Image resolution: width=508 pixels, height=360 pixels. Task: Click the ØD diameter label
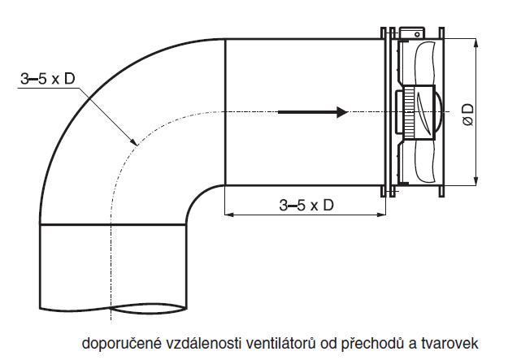click(468, 115)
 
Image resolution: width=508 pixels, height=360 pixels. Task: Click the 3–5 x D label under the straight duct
click(306, 205)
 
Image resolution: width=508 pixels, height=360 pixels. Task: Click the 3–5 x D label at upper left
click(48, 79)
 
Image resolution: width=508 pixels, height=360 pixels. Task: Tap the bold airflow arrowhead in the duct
click(342, 112)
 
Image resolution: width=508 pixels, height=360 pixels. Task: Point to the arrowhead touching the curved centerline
click(133, 141)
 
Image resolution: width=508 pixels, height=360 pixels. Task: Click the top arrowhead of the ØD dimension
click(475, 43)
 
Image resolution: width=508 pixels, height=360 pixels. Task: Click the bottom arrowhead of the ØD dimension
click(475, 181)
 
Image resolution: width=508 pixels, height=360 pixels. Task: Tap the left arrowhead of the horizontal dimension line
click(228, 214)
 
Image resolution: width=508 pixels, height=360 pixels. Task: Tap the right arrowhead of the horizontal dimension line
click(381, 214)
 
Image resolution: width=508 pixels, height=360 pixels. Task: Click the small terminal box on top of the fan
click(412, 33)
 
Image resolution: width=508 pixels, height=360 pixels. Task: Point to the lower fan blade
click(423, 161)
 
